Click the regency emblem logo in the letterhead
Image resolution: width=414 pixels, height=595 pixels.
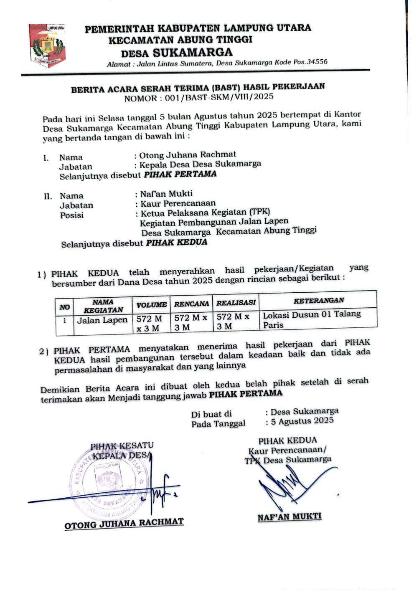coord(47,46)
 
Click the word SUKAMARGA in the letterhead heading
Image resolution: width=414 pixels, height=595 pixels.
coord(192,53)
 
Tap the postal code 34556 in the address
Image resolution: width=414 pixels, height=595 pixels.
coord(317,62)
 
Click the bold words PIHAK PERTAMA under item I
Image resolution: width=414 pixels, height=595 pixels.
coord(180,174)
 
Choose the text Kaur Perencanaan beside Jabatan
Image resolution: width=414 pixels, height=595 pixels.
coord(178,203)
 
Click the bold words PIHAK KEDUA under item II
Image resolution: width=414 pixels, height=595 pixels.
coord(176,243)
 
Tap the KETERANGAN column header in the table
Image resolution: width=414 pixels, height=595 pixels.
coord(318,300)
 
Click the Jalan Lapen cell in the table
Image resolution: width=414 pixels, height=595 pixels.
coord(102,320)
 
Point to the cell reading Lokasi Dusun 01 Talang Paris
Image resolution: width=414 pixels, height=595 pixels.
coord(311,319)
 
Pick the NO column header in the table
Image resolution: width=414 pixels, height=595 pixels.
coord(64,307)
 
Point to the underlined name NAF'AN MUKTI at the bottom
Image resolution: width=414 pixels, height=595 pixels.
coord(290,517)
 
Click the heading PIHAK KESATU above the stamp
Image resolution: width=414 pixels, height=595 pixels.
coord(122,446)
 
